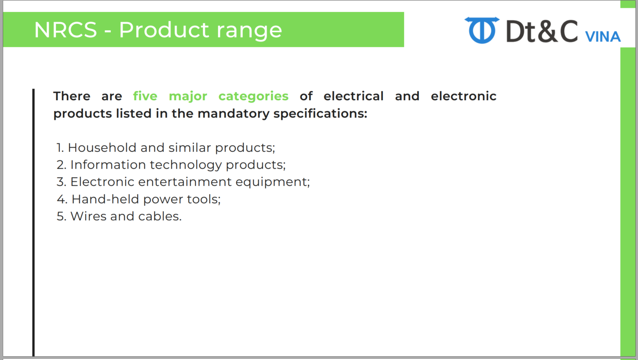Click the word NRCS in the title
[66, 30]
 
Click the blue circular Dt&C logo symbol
[482, 30]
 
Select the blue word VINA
[603, 37]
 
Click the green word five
[145, 96]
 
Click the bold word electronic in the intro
[464, 96]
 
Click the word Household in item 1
[102, 148]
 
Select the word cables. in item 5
[160, 216]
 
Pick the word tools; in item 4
[204, 199]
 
